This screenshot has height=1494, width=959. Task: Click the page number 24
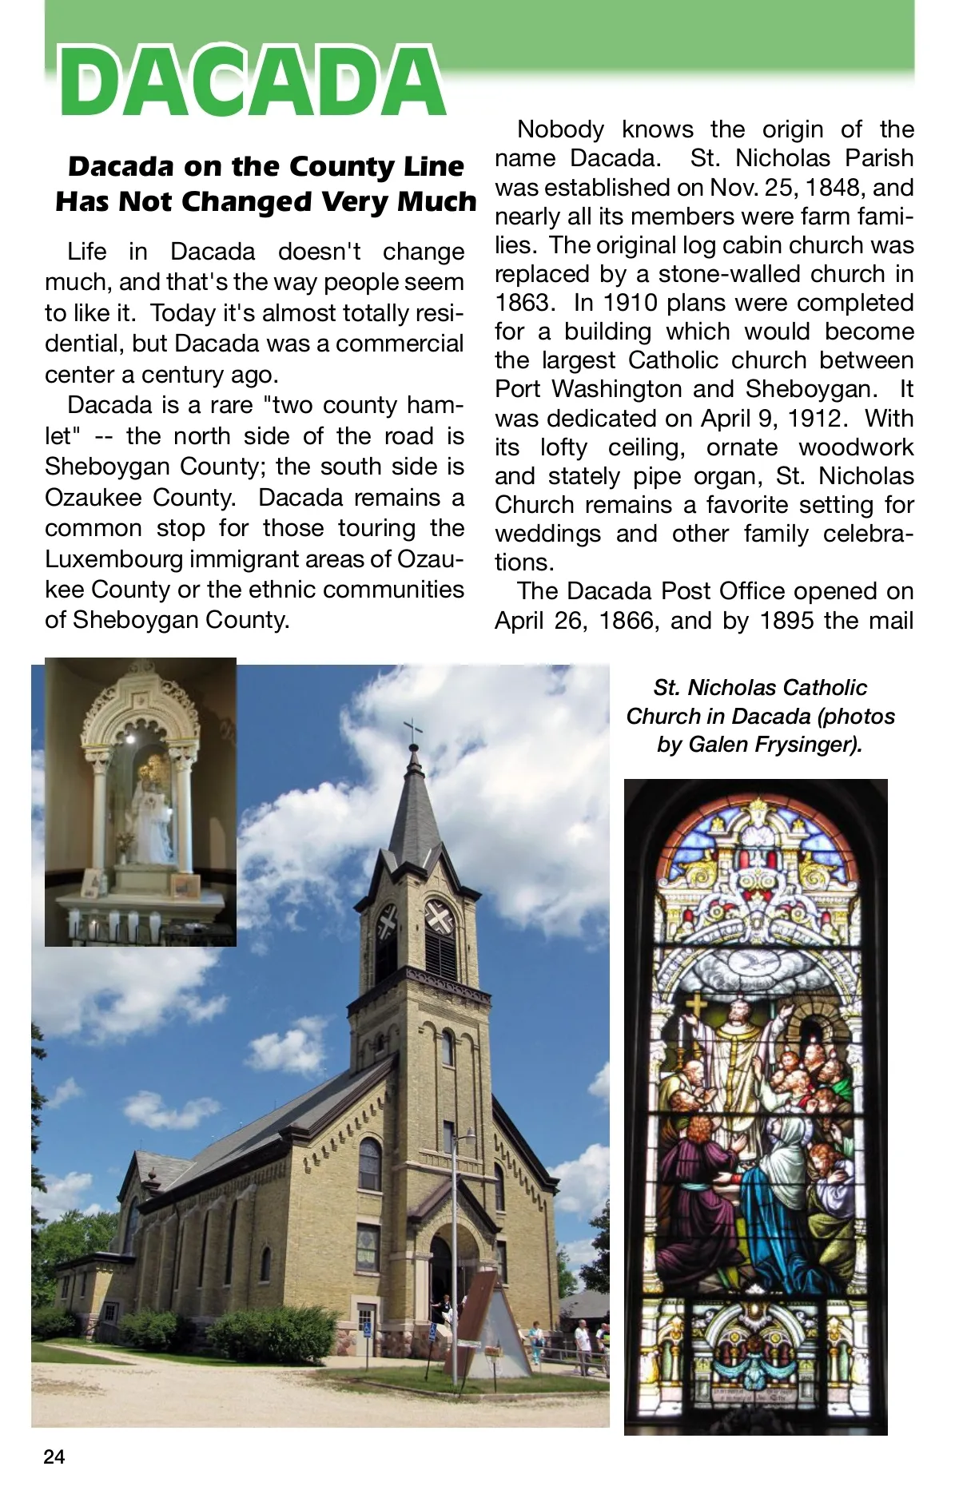tap(54, 1456)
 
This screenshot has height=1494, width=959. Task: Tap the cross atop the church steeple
tap(413, 729)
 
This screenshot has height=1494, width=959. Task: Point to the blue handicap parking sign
tap(367, 1328)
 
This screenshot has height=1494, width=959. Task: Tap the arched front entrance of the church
tap(440, 1270)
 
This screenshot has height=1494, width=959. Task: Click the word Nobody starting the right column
tap(560, 129)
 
